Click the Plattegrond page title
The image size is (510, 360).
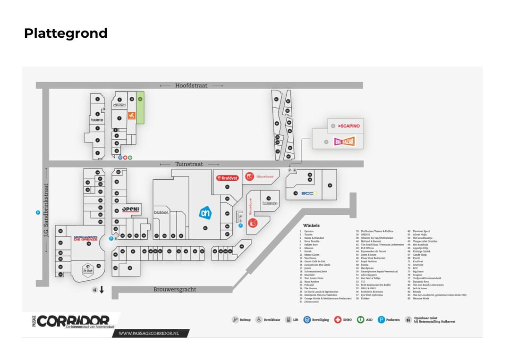point(66,33)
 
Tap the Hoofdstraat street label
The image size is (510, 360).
point(191,85)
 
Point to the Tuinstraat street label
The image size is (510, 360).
point(189,164)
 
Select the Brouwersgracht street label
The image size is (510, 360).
point(175,289)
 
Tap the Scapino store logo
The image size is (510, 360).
point(349,126)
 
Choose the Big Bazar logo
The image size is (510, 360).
point(344,141)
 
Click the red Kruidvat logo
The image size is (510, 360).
point(227,178)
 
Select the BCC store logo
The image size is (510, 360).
point(309,193)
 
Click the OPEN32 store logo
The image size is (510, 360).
point(131,209)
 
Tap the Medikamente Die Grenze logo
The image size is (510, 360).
point(85,238)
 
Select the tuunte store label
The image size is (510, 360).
point(97,120)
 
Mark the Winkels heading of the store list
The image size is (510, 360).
point(311,226)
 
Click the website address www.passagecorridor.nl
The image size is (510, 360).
point(149,333)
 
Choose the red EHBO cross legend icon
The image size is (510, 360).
point(337,319)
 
